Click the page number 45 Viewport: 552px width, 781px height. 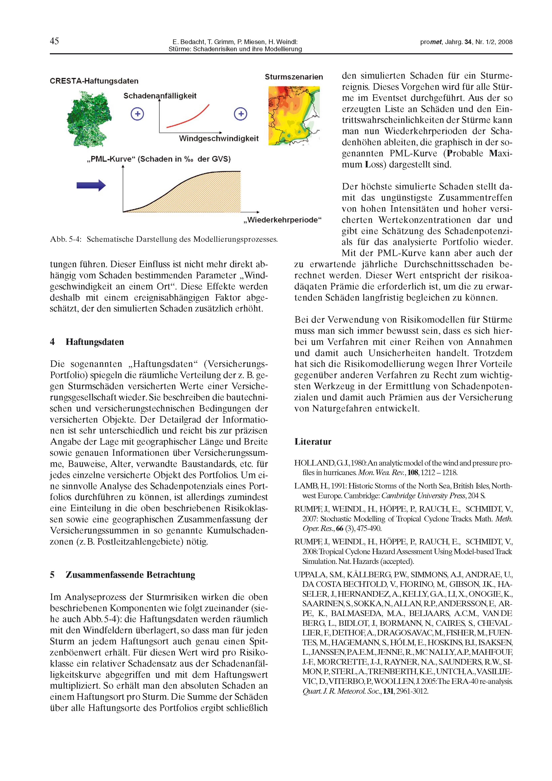point(54,41)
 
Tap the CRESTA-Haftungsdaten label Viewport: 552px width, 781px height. point(94,81)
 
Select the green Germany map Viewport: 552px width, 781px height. point(89,119)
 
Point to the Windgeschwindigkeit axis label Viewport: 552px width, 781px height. point(218,138)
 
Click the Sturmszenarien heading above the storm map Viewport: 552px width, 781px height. point(294,77)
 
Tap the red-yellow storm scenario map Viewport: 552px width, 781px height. point(294,116)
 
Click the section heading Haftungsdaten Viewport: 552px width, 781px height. point(95,342)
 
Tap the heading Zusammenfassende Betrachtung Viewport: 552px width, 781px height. point(130,575)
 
